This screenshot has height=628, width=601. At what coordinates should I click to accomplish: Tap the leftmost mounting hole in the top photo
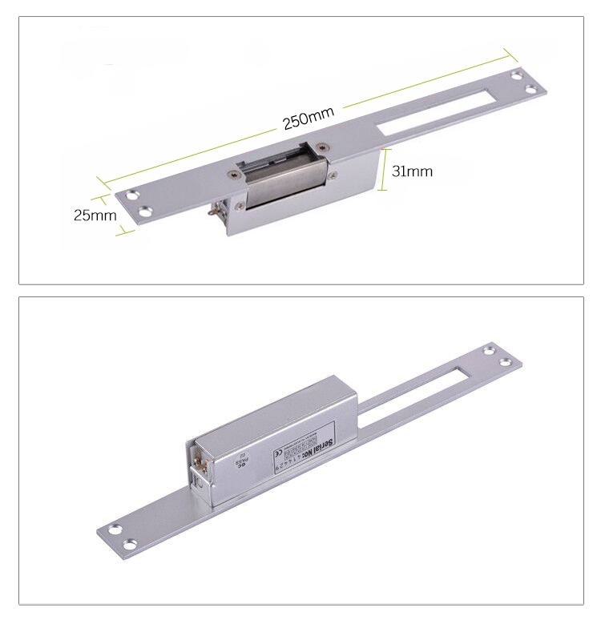point(131,195)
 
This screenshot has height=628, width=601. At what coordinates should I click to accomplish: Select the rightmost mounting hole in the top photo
point(531,88)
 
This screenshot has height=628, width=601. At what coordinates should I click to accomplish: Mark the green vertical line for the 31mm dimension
point(382,170)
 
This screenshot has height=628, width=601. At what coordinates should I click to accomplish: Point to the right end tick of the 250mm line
point(508,52)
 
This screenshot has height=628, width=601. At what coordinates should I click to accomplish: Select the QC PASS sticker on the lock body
point(237,462)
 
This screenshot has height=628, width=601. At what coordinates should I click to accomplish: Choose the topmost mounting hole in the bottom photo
point(490,350)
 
